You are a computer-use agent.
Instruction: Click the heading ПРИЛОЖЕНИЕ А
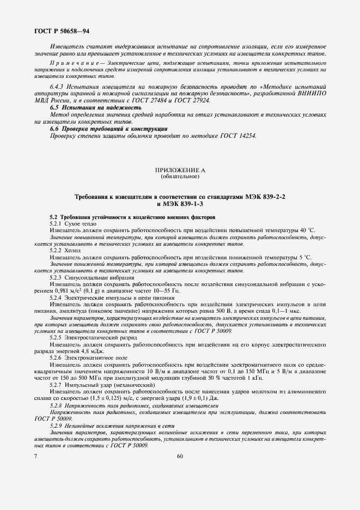180,171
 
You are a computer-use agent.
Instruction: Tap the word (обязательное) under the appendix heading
180,177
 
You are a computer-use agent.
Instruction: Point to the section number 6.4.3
57,86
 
